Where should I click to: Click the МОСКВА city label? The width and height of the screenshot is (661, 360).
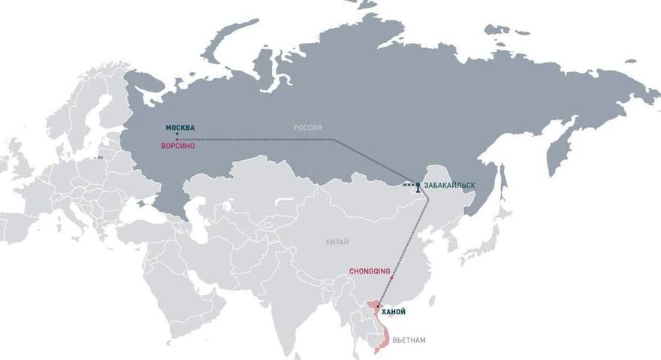click(x=180, y=128)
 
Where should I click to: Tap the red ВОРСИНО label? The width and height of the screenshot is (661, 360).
click(x=179, y=146)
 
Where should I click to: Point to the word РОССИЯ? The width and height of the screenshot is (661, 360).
click(x=307, y=129)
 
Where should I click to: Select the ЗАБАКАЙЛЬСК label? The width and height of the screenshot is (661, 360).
click(x=450, y=185)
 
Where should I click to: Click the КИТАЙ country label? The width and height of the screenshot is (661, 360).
click(x=337, y=242)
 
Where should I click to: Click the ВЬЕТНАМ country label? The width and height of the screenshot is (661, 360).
click(x=409, y=340)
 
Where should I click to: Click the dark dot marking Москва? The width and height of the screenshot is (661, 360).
click(x=177, y=135)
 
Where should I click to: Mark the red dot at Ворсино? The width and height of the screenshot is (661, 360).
click(x=177, y=140)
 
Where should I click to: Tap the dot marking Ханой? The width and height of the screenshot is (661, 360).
click(x=378, y=306)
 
